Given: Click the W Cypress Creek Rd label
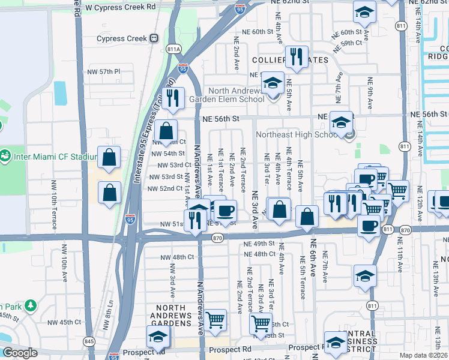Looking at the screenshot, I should (x=121, y=7).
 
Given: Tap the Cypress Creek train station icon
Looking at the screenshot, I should (x=154, y=38).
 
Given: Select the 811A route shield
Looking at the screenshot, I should (x=174, y=49).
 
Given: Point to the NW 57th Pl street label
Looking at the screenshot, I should (x=102, y=71).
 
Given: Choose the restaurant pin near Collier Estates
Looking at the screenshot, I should (x=295, y=57).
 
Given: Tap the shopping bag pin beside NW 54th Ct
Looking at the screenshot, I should (x=166, y=130).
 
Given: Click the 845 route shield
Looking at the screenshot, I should (x=89, y=341).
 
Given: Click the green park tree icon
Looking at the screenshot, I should (x=31, y=306).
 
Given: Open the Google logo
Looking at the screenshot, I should (x=20, y=353).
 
